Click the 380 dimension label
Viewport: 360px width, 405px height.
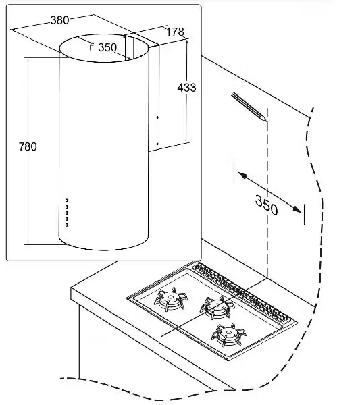click(59, 20)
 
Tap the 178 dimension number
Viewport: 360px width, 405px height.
click(175, 32)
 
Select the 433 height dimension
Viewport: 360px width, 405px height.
click(186, 88)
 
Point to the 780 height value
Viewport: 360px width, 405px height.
click(28, 146)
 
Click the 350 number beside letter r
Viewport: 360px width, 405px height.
click(107, 47)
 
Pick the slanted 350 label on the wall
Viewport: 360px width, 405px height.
click(266, 205)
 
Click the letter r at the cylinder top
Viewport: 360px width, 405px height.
click(91, 47)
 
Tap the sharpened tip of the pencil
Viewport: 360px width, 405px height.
click(265, 121)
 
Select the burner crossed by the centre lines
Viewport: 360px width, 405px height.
click(217, 307)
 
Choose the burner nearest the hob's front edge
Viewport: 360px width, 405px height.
click(229, 335)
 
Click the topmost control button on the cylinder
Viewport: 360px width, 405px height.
click(67, 200)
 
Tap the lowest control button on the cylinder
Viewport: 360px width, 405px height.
click(67, 225)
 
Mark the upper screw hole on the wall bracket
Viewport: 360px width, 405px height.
click(157, 117)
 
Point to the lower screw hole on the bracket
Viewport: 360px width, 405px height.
click(157, 144)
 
